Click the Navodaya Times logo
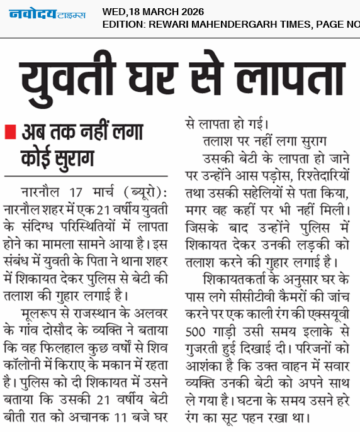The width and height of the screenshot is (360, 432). coord(47,14)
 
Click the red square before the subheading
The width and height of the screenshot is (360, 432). coord(9,133)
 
